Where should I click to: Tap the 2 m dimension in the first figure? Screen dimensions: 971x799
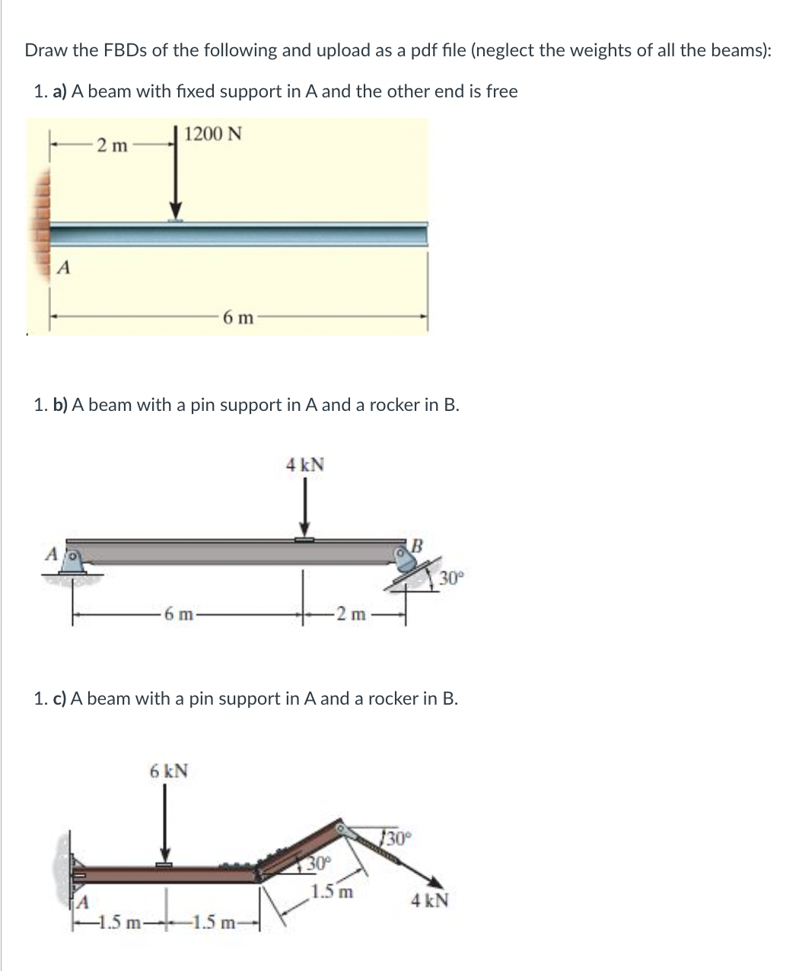(112, 145)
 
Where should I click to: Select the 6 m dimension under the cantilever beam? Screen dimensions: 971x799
(238, 318)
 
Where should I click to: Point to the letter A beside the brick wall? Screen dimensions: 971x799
(65, 267)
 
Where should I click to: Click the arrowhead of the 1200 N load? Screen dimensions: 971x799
(176, 210)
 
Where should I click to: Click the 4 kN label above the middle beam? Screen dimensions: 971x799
(304, 464)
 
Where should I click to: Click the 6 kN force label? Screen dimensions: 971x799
(169, 771)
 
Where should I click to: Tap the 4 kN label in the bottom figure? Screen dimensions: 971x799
(430, 901)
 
